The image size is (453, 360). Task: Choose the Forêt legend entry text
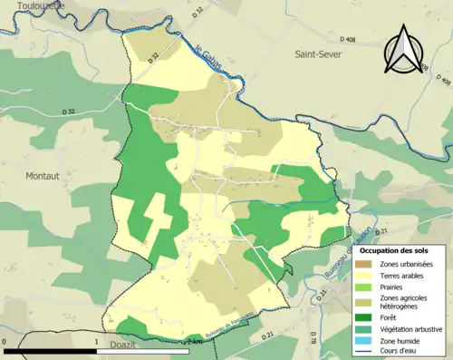click(391, 317)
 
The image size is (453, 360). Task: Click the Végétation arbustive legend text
click(413, 329)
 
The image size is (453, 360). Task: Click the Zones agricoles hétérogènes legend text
click(405, 303)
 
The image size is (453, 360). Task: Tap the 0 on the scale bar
click(6, 342)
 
